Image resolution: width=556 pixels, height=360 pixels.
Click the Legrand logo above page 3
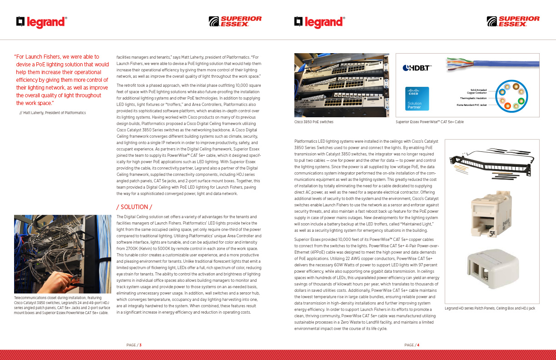pos(41,21)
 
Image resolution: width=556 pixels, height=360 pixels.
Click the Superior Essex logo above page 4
pos(513,21)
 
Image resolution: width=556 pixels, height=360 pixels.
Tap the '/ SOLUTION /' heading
pos(134,207)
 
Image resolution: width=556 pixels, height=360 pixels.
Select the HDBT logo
pos(417,68)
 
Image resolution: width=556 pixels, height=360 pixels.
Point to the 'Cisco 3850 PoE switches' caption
pos(314,122)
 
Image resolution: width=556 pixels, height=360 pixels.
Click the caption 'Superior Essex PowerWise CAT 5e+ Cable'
pos(429,122)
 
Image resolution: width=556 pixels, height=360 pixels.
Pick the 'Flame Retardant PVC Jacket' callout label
pos(471,105)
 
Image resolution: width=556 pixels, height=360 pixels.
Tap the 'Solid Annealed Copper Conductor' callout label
pos(478,91)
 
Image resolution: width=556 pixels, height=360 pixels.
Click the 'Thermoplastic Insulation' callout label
pos(473,98)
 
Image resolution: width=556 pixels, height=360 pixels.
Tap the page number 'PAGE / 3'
pos(134,345)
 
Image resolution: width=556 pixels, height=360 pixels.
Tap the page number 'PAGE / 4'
pos(412,345)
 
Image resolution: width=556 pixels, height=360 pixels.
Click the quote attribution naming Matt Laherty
pos(53,112)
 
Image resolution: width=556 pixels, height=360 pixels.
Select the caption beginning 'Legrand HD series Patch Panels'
pos(490,309)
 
